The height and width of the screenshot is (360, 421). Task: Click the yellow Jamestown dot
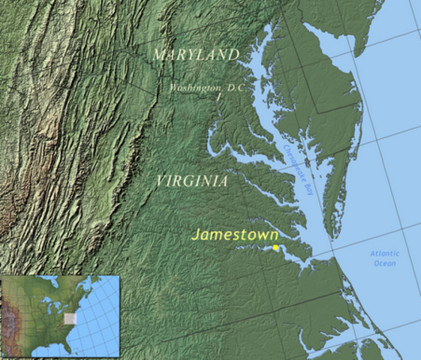coord(275,247)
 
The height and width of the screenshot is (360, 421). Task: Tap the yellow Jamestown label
coord(235,234)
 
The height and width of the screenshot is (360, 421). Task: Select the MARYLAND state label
coord(195,55)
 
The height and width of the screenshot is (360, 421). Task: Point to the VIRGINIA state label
coord(193,181)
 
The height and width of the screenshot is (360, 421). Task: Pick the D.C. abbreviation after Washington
coord(236,88)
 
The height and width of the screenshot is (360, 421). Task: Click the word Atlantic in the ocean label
coord(385,253)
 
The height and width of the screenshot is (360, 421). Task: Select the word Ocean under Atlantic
coord(385,263)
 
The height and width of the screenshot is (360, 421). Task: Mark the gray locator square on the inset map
coord(71,318)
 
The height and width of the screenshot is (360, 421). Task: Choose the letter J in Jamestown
coord(196,234)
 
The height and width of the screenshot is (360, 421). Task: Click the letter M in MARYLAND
coord(158,55)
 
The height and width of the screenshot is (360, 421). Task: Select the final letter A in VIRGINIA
coord(223,181)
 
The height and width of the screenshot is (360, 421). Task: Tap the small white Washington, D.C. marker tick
coord(218,97)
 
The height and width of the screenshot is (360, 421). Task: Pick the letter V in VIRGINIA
coord(161,181)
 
